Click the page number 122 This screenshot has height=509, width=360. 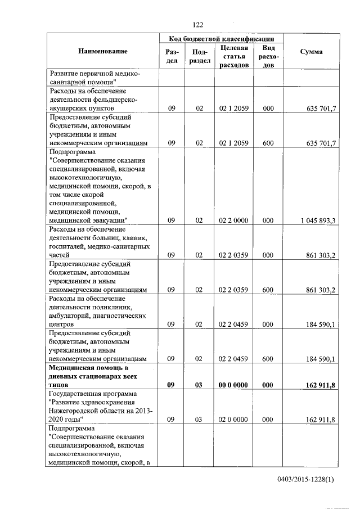[197, 24]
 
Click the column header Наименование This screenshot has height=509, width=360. [103, 52]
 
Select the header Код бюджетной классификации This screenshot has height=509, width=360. [222, 39]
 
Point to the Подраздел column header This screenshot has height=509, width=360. [199, 56]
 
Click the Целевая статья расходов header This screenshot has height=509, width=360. [234, 56]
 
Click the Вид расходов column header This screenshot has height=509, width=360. [269, 56]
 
